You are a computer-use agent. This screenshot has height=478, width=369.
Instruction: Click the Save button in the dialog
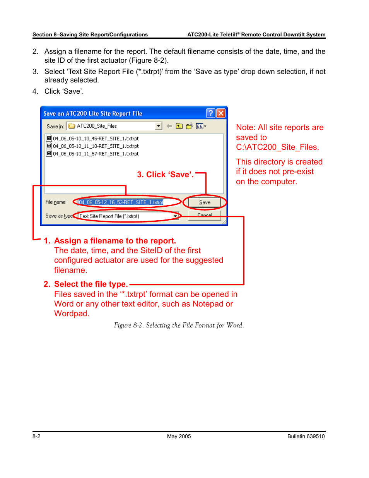pyautogui.click(x=204, y=202)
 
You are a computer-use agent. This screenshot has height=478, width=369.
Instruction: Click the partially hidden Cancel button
pyautogui.click(x=204, y=215)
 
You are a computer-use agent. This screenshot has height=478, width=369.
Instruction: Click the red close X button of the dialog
pyautogui.click(x=220, y=113)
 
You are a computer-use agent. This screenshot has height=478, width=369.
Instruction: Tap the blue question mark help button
pyautogui.click(x=210, y=113)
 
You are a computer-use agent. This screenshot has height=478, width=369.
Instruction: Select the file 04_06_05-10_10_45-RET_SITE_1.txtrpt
pyautogui.click(x=96, y=139)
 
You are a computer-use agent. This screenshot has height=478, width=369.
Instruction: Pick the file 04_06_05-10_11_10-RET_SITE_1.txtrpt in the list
pyautogui.click(x=96, y=146)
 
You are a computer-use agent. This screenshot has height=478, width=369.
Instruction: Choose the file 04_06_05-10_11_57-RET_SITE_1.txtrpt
pyautogui.click(x=96, y=154)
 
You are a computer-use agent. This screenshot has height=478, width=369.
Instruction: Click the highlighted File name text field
pyautogui.click(x=121, y=202)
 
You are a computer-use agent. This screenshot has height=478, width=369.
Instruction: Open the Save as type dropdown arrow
pyautogui.click(x=176, y=216)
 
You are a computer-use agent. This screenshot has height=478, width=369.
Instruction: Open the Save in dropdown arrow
pyautogui.click(x=159, y=126)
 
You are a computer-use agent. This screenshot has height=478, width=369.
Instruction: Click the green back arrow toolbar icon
pyautogui.click(x=169, y=126)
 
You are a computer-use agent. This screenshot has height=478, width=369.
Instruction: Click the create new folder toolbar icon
pyautogui.click(x=189, y=126)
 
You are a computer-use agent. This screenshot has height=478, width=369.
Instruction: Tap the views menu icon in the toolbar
pyautogui.click(x=201, y=126)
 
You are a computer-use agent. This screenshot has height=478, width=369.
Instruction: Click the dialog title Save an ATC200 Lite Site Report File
pyautogui.click(x=93, y=113)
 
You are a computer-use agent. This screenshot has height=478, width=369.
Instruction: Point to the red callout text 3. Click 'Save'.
pyautogui.click(x=165, y=175)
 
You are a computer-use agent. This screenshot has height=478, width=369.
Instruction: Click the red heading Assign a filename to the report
pyautogui.click(x=115, y=241)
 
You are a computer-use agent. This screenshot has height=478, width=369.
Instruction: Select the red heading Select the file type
pyautogui.click(x=91, y=284)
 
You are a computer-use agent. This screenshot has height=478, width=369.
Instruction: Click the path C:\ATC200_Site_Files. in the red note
pyautogui.click(x=277, y=147)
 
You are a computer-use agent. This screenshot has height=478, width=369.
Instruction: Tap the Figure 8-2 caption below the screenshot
pyautogui.click(x=179, y=326)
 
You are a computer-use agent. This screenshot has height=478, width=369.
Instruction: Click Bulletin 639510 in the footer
pyautogui.click(x=306, y=436)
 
